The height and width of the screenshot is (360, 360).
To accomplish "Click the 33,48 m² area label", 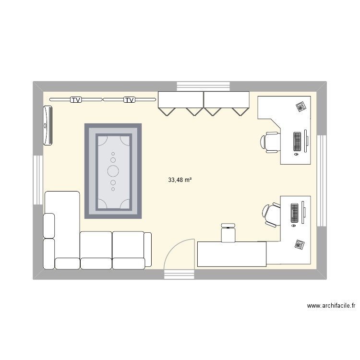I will (x=180, y=180).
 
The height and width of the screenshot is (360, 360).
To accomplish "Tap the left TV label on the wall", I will (x=75, y=100).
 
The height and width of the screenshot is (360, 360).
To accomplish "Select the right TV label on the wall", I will (x=129, y=100).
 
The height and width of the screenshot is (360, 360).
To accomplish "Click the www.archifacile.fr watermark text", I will (x=331, y=305).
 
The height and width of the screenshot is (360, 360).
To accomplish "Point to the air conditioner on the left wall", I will (x=48, y=125).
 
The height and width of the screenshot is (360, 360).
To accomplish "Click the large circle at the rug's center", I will (x=113, y=170).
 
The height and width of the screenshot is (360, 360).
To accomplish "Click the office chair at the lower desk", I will (x=272, y=213).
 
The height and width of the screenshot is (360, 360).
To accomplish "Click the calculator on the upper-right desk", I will (x=301, y=107).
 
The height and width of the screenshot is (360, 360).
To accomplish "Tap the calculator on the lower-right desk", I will (x=300, y=244).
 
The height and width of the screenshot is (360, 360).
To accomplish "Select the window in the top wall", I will (x=204, y=86).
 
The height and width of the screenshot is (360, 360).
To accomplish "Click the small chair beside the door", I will (x=228, y=233).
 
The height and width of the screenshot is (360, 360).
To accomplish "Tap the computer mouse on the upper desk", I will (x=296, y=155).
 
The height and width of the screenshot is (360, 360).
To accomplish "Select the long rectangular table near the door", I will (x=232, y=254).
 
